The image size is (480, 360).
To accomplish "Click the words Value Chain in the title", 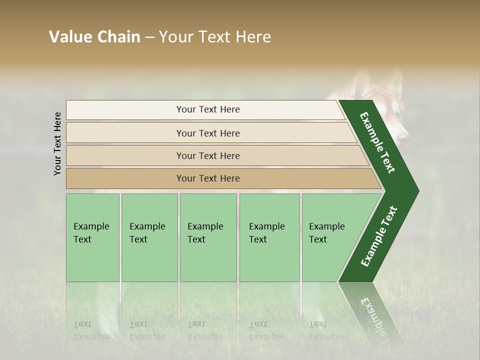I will click(x=94, y=37).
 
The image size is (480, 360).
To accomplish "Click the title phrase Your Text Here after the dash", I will click(x=214, y=37).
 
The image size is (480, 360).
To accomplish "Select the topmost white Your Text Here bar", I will click(x=207, y=110).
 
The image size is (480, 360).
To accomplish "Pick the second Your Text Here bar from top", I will click(x=207, y=133).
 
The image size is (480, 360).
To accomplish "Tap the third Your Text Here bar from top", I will click(x=207, y=155).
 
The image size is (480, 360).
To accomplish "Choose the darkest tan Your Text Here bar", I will click(x=207, y=178).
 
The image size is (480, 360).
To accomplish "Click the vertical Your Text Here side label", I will click(x=57, y=143).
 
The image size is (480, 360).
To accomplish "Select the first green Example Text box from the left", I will click(x=92, y=237).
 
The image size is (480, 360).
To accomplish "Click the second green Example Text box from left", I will click(x=149, y=237).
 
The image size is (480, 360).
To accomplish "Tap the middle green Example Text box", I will click(x=208, y=237).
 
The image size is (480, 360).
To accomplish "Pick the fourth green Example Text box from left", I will click(x=269, y=237).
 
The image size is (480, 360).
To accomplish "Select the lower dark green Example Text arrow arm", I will click(x=378, y=236).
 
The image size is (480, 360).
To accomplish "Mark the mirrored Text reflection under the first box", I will click(x=82, y=323).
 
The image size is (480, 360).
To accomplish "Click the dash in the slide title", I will click(x=149, y=37).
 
